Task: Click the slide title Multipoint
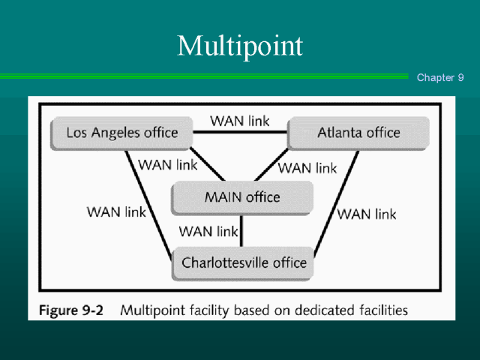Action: [x=240, y=46]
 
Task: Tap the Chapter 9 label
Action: [x=440, y=78]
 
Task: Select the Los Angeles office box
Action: [x=122, y=133]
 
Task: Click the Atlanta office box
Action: [x=358, y=133]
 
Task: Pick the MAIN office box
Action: [x=241, y=197]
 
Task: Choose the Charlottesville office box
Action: [x=244, y=262]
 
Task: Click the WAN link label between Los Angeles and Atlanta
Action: [x=240, y=120]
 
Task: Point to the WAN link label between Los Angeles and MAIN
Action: [x=167, y=164]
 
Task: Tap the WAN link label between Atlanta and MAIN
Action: [x=307, y=168]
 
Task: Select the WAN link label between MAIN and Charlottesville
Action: [x=208, y=232]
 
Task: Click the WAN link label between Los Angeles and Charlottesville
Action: [x=116, y=211]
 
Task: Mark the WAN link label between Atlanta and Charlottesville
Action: [x=366, y=214]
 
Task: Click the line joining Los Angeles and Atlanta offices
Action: [x=240, y=133]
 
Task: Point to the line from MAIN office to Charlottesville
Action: [x=241, y=232]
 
